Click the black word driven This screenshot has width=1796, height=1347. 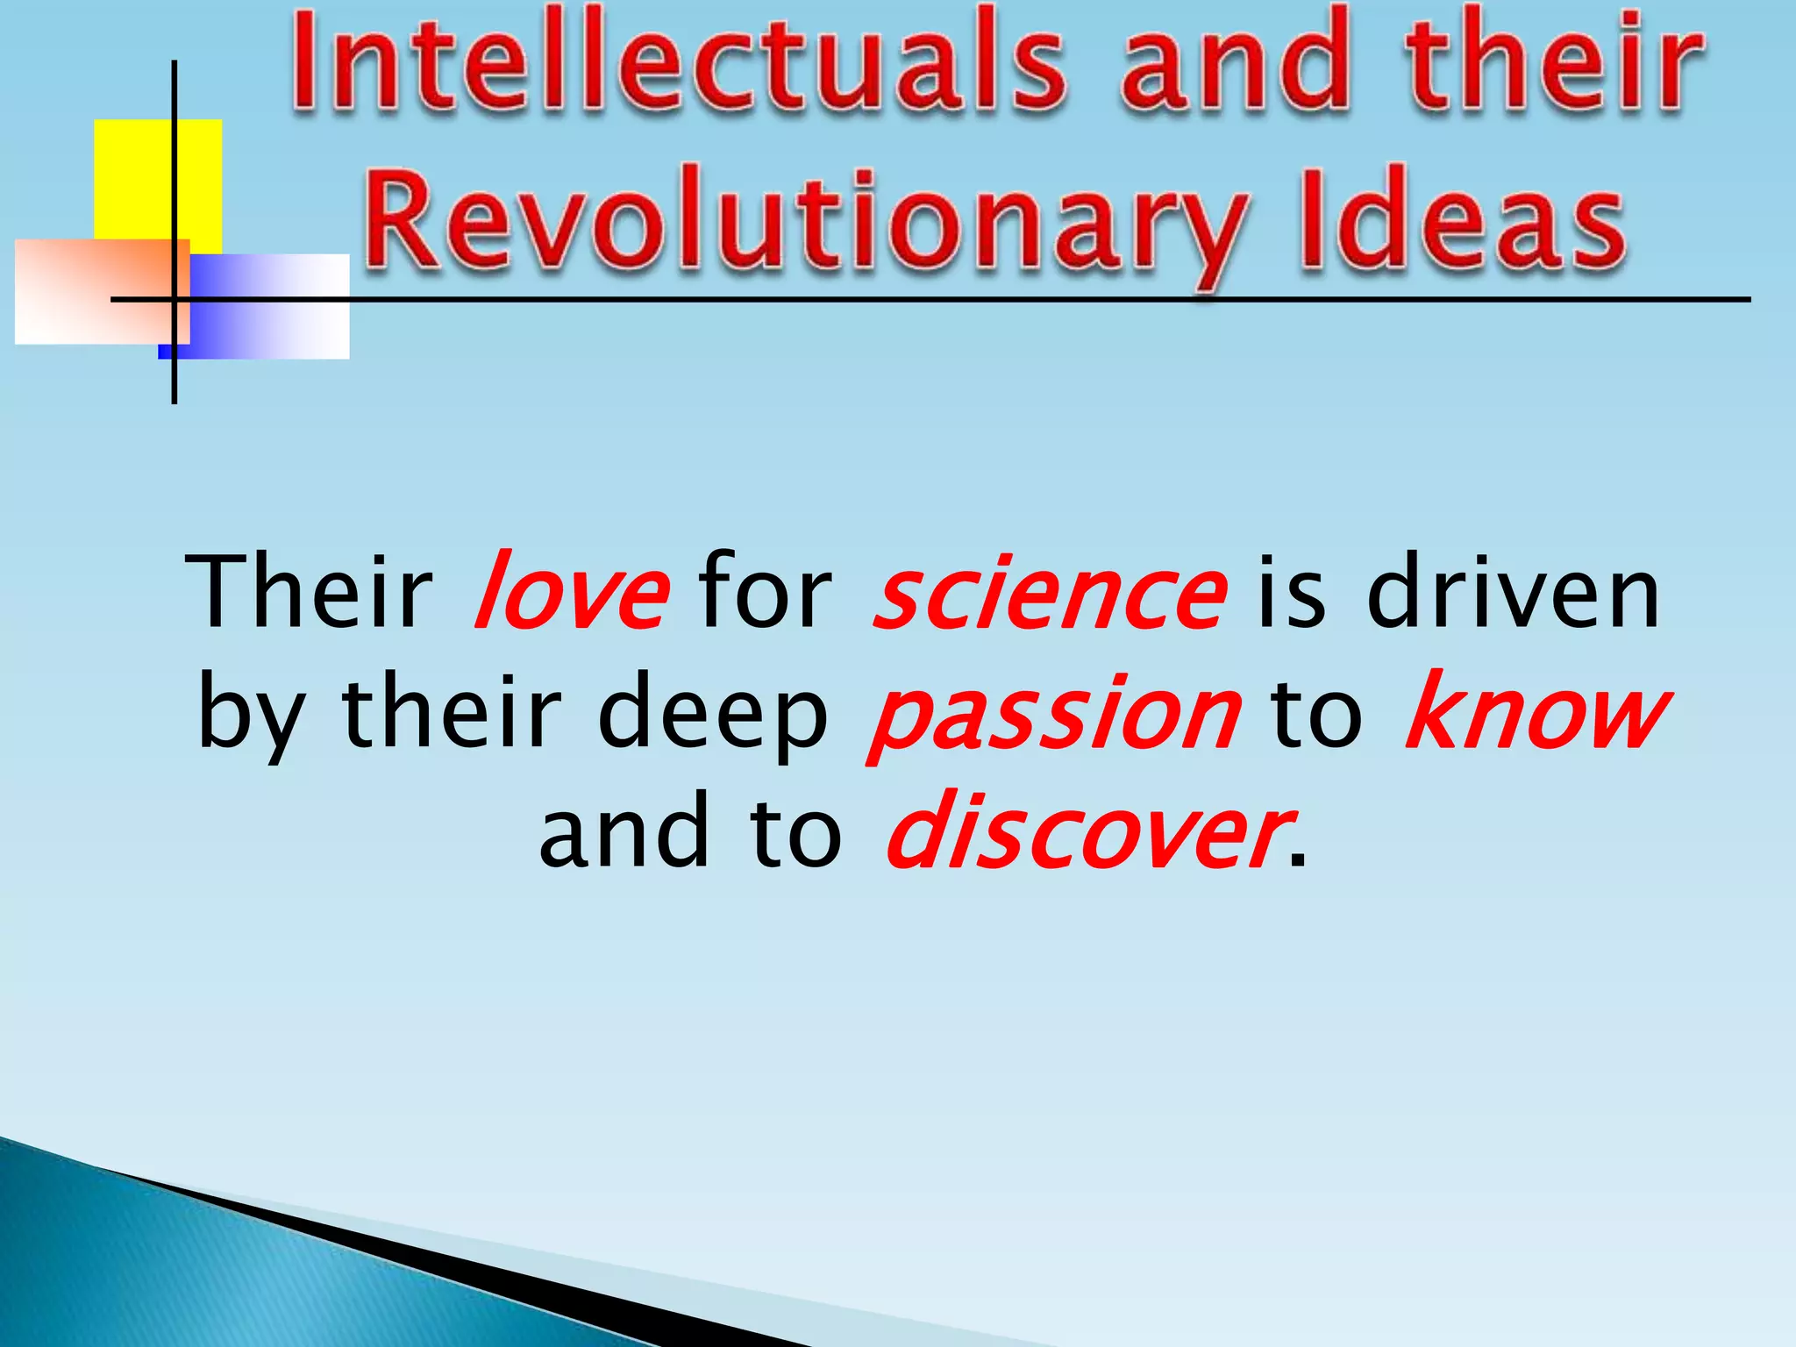(1513, 592)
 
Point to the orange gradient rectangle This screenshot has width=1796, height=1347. (88, 289)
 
